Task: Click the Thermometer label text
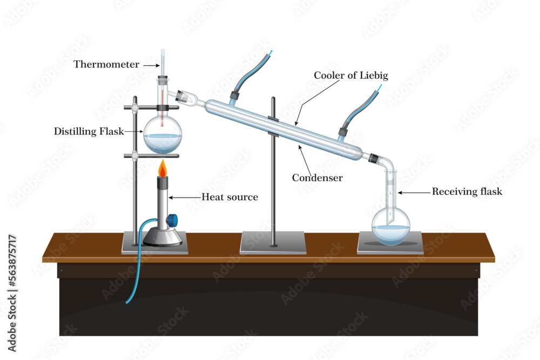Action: [106, 65]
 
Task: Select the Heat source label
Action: [230, 197]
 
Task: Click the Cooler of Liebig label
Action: [351, 76]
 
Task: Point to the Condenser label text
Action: [317, 178]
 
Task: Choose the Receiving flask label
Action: [467, 192]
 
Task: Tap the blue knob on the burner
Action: [172, 220]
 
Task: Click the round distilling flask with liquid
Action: [162, 136]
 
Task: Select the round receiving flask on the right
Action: [390, 226]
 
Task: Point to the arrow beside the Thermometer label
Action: [149, 65]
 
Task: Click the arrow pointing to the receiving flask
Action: [413, 192]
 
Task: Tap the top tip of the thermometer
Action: [163, 51]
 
